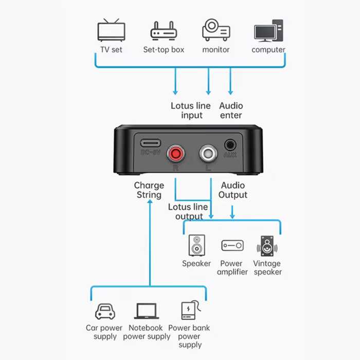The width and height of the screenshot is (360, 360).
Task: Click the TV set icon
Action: pos(112,30)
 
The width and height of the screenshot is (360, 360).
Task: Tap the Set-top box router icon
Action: pos(164,31)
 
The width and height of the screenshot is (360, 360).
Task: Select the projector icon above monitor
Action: pos(216,30)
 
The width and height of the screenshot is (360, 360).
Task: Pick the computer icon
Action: pos(268,30)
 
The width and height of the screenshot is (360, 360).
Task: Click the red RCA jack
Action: pos(176,153)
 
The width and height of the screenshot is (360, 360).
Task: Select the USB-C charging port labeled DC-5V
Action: pos(150,141)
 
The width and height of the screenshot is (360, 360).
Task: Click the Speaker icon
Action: pos(196,246)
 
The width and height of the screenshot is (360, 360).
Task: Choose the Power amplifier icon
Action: pos(232,246)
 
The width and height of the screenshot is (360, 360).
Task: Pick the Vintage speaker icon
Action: pos(267,246)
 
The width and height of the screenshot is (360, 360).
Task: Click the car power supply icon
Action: pos(104,311)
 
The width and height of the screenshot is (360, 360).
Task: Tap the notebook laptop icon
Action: pos(147,311)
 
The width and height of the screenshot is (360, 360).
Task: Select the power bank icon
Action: pos(189,311)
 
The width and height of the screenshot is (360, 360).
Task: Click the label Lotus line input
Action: pos(191,111)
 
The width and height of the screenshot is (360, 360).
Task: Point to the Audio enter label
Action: pos(231,111)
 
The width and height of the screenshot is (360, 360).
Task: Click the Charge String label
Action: pos(149,190)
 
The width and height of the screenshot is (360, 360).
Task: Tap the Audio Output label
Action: pos(232,190)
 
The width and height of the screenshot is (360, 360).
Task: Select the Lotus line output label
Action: pos(188,211)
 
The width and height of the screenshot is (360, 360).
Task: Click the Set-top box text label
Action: pos(164,50)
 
